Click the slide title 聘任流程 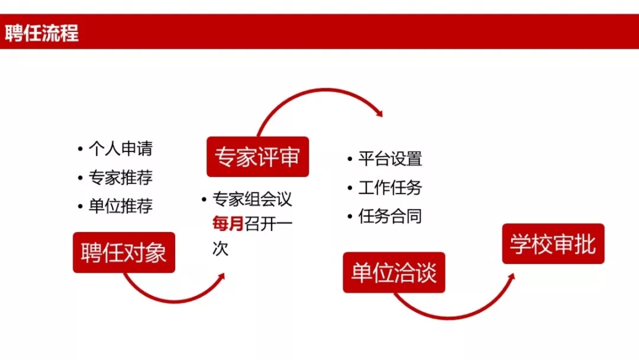[x=41, y=33]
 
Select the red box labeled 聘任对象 [x=124, y=252]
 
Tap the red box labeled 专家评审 [x=257, y=156]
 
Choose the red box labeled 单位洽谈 [x=394, y=272]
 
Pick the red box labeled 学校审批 [x=553, y=244]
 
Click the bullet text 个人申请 [x=121, y=149]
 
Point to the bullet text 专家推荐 [x=121, y=178]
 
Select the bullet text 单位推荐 [x=121, y=206]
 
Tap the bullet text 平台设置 [x=390, y=159]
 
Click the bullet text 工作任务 [x=390, y=188]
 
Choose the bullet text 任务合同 [x=390, y=216]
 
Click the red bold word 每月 [x=228, y=224]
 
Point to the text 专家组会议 [x=252, y=200]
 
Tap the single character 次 [x=220, y=248]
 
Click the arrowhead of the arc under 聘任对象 [x=221, y=277]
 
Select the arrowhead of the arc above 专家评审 [x=379, y=113]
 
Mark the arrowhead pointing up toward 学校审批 [x=511, y=277]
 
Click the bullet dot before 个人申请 [x=80, y=149]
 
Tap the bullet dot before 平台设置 [x=350, y=159]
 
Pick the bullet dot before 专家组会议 [x=204, y=200]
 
